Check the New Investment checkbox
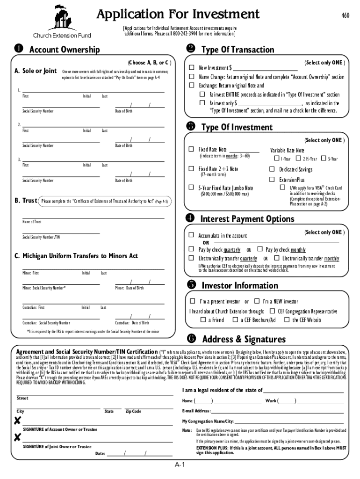(x=191, y=68)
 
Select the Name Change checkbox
(x=191, y=77)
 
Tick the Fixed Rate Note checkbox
(x=191, y=149)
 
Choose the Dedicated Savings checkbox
(x=272, y=169)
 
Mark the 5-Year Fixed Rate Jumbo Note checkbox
(x=191, y=188)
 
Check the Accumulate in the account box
(x=191, y=235)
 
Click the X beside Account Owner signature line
(x=17, y=421)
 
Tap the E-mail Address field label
(x=196, y=411)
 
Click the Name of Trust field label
(x=32, y=222)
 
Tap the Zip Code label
(x=133, y=411)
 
